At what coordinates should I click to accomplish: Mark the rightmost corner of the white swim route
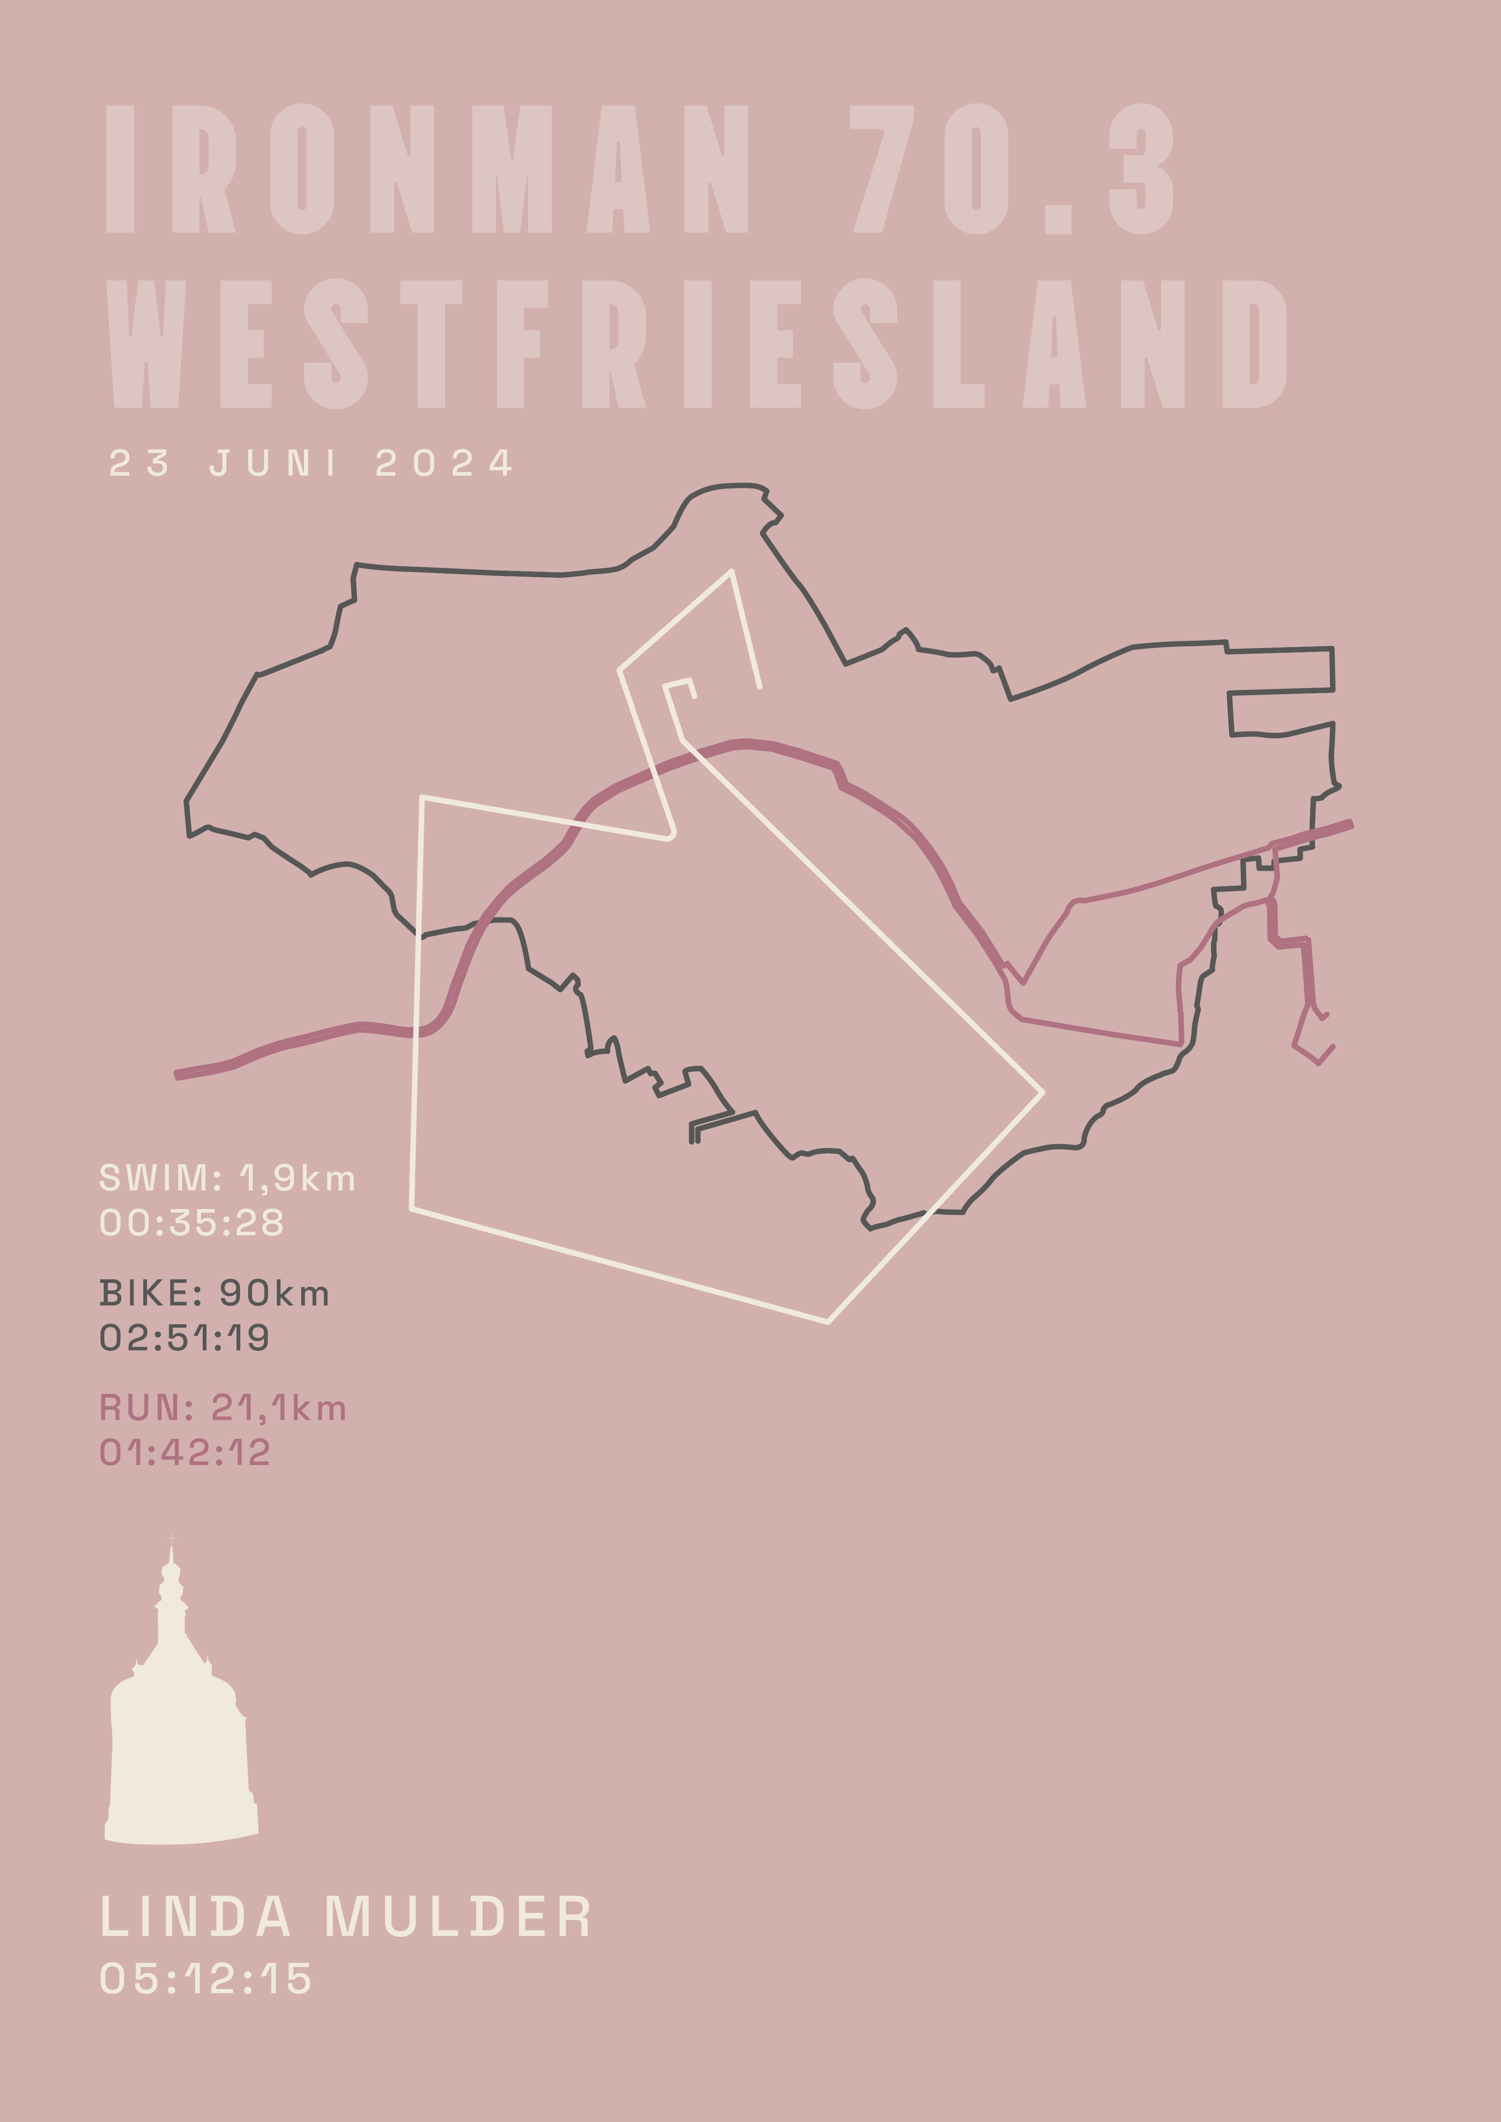point(1043,1092)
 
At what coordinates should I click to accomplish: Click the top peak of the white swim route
point(731,571)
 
